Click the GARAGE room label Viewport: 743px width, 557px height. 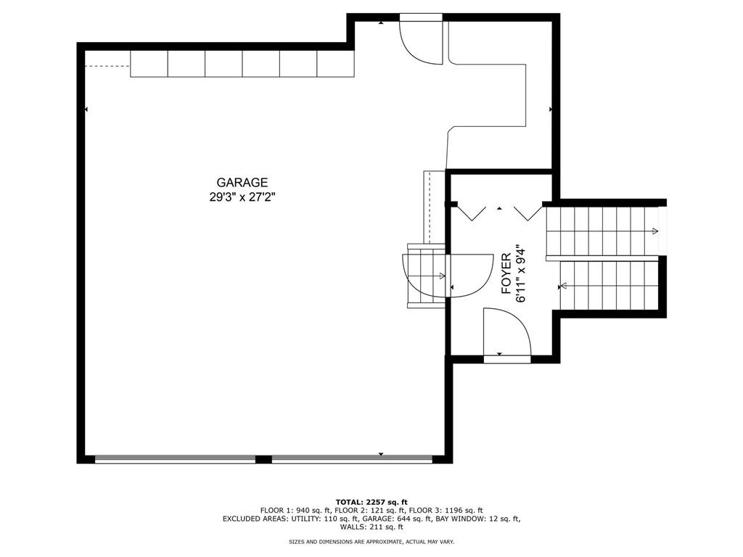pyautogui.click(x=242, y=183)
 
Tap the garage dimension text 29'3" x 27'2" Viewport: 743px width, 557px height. pyautogui.click(x=242, y=197)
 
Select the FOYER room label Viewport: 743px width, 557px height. pyautogui.click(x=506, y=273)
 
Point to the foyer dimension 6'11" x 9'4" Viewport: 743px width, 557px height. pyautogui.click(x=520, y=273)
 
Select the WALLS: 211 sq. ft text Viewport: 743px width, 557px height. pyautogui.click(x=371, y=527)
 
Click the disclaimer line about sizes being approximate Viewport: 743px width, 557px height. pyautogui.click(x=371, y=542)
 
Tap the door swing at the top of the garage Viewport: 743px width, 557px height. pyautogui.click(x=421, y=42)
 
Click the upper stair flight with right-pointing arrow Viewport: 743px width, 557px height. pyautogui.click(x=602, y=231)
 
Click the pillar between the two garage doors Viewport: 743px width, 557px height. pyautogui.click(x=263, y=459)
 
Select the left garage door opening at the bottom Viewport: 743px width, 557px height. pyautogui.click(x=175, y=459)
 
